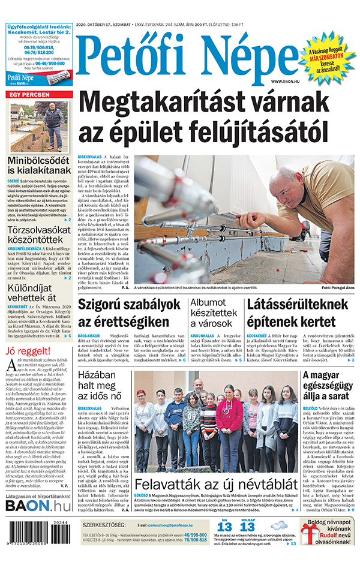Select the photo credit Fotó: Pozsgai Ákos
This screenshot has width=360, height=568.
[x=332, y=288]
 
